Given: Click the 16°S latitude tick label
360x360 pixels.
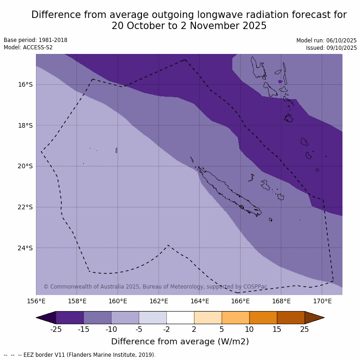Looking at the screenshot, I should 25,84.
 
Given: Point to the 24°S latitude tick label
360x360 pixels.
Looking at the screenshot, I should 25,248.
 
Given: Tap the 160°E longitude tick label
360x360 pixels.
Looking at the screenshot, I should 118,301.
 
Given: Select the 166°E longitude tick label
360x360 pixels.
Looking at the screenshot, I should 240,301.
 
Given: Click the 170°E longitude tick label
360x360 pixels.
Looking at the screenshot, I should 322,301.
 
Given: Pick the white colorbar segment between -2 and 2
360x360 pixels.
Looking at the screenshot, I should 180,318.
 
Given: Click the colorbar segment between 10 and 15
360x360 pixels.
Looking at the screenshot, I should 263,318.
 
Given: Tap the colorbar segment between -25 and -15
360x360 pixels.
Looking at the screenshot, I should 70,318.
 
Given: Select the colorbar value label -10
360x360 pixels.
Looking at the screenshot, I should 111,329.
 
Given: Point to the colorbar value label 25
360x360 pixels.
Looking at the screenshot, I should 305,329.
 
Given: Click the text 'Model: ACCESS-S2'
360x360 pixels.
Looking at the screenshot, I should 28,47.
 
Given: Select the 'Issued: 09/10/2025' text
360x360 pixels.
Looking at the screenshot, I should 331,48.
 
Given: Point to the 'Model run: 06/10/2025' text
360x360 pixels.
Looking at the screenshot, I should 326,41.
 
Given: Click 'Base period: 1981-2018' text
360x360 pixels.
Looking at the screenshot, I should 35,40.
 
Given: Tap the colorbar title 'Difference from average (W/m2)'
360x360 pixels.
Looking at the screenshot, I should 180,342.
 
